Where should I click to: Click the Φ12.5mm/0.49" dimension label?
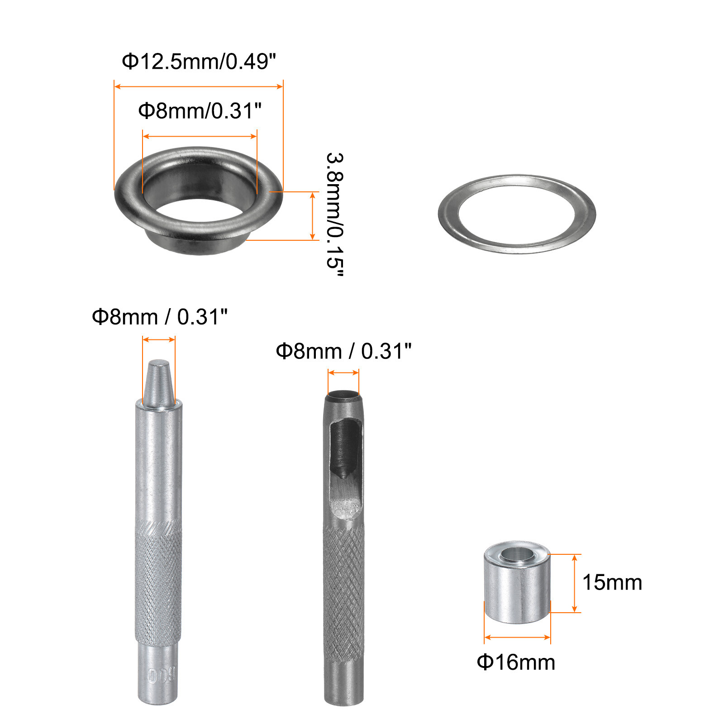[x=199, y=62]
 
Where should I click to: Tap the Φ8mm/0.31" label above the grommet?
[x=200, y=111]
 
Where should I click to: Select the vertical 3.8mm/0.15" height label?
[x=335, y=214]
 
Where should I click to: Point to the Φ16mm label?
[x=516, y=662]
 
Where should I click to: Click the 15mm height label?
[x=612, y=582]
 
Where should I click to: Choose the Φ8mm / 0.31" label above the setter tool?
[x=159, y=317]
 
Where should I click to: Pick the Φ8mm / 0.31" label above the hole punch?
[x=343, y=351]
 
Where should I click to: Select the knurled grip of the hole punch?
[x=344, y=593]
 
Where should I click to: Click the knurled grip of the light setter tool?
[x=158, y=584]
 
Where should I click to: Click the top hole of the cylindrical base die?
[x=517, y=553]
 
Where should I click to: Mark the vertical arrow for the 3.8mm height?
[x=312, y=216]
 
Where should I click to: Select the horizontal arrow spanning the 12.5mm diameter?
[x=199, y=86]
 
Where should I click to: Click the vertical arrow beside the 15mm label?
[x=574, y=583]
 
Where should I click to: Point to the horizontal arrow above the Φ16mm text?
[x=517, y=637]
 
